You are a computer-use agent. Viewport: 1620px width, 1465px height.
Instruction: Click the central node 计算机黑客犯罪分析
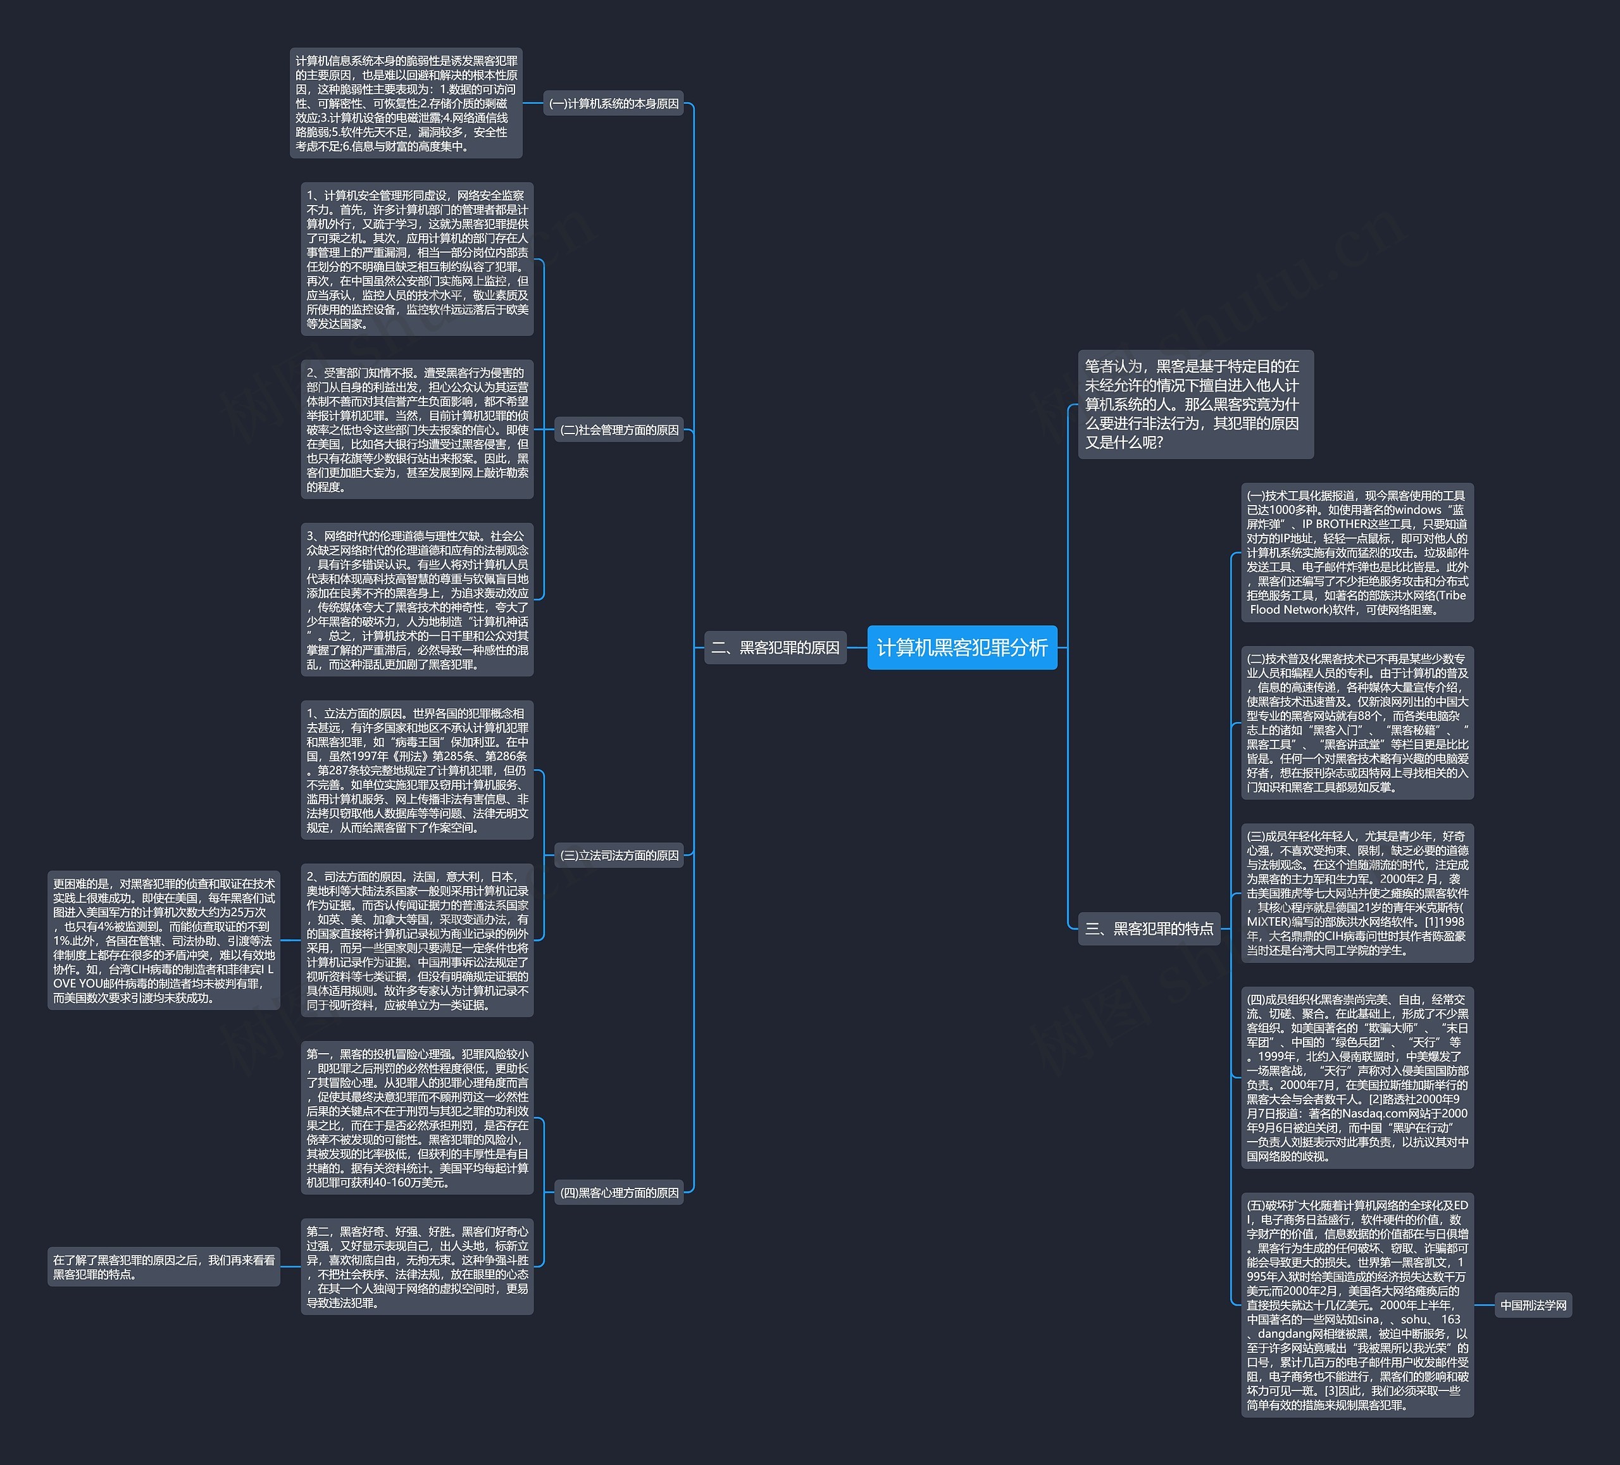[962, 647]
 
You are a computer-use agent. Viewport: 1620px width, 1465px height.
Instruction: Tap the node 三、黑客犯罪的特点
[1149, 928]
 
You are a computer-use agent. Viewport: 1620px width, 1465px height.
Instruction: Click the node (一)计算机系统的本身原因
[613, 104]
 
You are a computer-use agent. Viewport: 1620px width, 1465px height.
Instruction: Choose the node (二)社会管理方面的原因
[619, 430]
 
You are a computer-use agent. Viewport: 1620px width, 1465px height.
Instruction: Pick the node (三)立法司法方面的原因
[619, 855]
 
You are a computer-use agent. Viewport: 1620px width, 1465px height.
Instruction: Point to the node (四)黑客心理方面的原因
[619, 1193]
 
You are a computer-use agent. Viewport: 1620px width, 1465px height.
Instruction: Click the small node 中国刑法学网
[1533, 1305]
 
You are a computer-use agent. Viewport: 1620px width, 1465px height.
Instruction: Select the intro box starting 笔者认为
[1195, 404]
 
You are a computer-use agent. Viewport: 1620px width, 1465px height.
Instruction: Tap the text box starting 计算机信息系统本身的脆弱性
[406, 103]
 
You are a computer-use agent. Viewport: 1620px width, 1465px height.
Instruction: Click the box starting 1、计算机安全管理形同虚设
[417, 259]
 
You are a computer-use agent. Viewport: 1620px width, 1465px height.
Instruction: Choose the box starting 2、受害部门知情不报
[417, 429]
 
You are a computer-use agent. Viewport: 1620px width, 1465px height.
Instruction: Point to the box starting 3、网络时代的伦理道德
[417, 599]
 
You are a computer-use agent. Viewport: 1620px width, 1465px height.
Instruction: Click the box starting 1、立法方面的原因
[417, 770]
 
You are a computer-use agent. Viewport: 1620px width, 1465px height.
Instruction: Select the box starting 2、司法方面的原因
[417, 940]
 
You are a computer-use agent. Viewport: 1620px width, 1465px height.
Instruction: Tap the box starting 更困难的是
[164, 940]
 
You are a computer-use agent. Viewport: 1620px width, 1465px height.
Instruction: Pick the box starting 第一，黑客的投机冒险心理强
[417, 1118]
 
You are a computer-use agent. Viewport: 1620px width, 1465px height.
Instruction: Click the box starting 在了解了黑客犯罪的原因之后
[164, 1266]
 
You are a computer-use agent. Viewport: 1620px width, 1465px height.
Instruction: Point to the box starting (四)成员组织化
[1357, 1077]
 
